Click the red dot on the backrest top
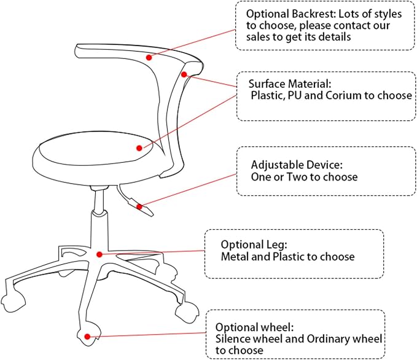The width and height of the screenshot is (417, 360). point(149,57)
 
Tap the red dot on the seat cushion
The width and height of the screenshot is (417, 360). point(139,148)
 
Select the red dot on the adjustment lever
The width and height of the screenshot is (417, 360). point(139,206)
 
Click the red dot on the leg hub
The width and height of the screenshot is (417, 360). point(99,254)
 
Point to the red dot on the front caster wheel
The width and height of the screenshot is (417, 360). point(87,337)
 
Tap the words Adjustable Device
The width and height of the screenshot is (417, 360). point(297,165)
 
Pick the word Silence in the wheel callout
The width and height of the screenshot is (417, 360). point(233,339)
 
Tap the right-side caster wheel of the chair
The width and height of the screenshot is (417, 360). point(187,312)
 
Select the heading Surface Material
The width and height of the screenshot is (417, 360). point(290,84)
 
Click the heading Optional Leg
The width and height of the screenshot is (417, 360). point(254,245)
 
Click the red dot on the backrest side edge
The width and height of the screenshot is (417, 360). point(184,74)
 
